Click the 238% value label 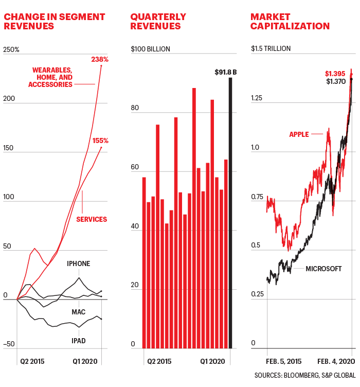tap(101, 59)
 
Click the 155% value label tap(100, 140)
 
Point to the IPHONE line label tap(78, 264)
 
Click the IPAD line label tap(78, 341)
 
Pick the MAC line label tap(78, 312)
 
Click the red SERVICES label tap(92, 219)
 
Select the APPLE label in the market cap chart tap(299, 134)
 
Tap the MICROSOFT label tap(323, 269)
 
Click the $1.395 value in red tap(335, 74)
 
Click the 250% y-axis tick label tap(11, 50)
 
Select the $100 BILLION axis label tap(150, 49)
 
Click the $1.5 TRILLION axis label tap(271, 49)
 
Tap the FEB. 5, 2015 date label tap(284, 361)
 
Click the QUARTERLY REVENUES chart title tap(155, 22)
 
